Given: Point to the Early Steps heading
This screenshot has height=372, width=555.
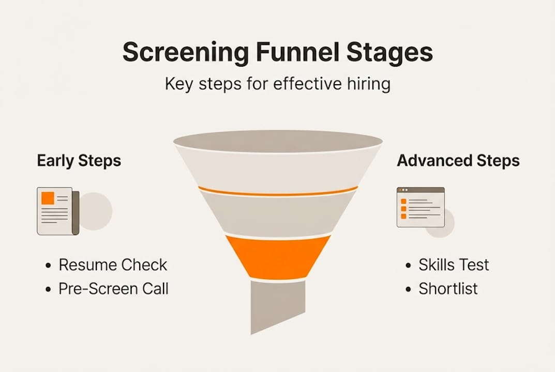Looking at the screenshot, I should [79, 161].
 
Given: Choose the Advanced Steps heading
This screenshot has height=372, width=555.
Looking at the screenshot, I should [458, 161].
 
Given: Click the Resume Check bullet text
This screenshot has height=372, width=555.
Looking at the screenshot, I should [113, 265].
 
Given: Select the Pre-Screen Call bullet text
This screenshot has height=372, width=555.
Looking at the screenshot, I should [113, 288].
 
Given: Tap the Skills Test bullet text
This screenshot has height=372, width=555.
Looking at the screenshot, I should [454, 265].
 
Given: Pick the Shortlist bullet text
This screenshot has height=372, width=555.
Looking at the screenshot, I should [448, 288].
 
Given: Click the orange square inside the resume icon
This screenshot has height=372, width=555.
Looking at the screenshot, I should [48, 197].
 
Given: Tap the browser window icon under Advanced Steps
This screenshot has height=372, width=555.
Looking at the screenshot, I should [420, 207].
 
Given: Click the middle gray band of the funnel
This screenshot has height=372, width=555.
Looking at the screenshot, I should [278, 214].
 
